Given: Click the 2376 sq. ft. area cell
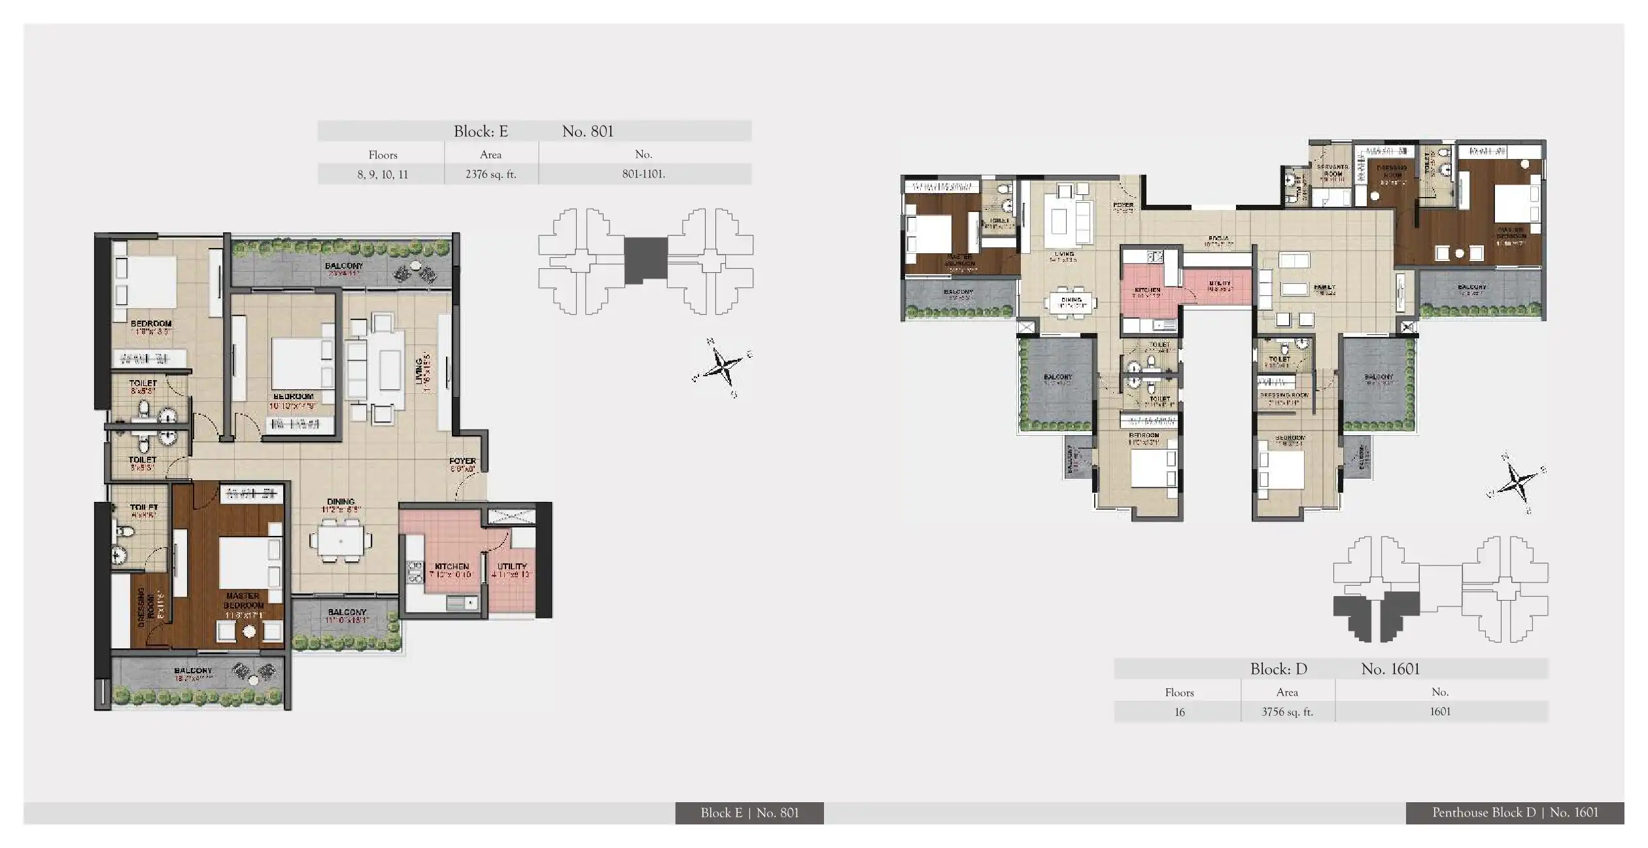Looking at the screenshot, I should click(490, 175).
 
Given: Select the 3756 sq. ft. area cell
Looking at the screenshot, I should click(1286, 712).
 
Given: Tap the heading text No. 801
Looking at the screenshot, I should click(587, 132).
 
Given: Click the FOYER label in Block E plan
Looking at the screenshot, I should click(462, 461).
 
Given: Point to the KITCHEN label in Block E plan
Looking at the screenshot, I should click(451, 567).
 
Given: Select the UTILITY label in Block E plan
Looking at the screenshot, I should click(511, 567).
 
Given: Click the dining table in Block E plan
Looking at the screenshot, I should click(341, 541).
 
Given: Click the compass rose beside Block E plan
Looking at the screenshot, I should click(723, 367).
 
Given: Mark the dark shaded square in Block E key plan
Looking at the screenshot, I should click(645, 260).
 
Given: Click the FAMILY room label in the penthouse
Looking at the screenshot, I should click(1324, 287).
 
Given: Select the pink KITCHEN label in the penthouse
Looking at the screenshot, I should click(1147, 290).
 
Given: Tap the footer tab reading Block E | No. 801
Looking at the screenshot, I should click(749, 813).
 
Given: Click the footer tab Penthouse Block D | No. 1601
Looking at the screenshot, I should click(1515, 813).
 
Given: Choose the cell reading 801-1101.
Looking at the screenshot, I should click(644, 175).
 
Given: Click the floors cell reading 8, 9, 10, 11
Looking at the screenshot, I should click(383, 175).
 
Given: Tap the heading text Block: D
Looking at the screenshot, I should click(1278, 669).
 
